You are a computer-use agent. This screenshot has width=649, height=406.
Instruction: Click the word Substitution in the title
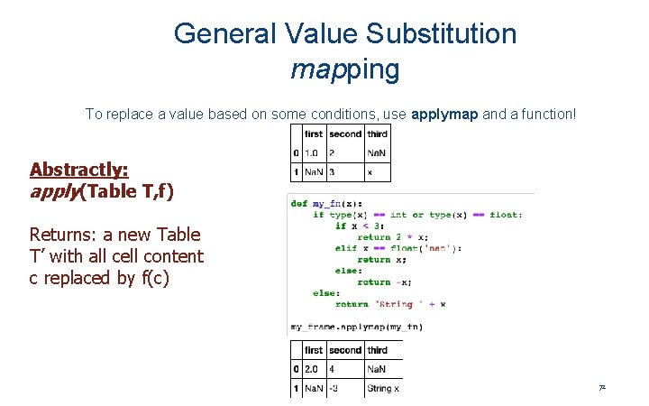442,34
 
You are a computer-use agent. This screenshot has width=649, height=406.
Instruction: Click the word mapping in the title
345,69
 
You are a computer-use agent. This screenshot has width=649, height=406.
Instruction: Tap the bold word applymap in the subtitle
445,115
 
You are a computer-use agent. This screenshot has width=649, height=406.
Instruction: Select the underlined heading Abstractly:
79,170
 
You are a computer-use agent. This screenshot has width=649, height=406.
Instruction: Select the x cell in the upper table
370,171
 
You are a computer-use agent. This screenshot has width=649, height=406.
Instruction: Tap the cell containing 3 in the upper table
332,171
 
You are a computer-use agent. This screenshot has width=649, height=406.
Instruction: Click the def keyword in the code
299,203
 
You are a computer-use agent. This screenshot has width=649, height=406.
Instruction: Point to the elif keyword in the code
347,248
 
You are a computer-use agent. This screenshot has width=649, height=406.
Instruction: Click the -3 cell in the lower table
335,389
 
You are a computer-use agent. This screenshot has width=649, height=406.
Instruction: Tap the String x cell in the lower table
383,389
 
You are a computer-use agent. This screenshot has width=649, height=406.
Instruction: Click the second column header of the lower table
345,350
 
